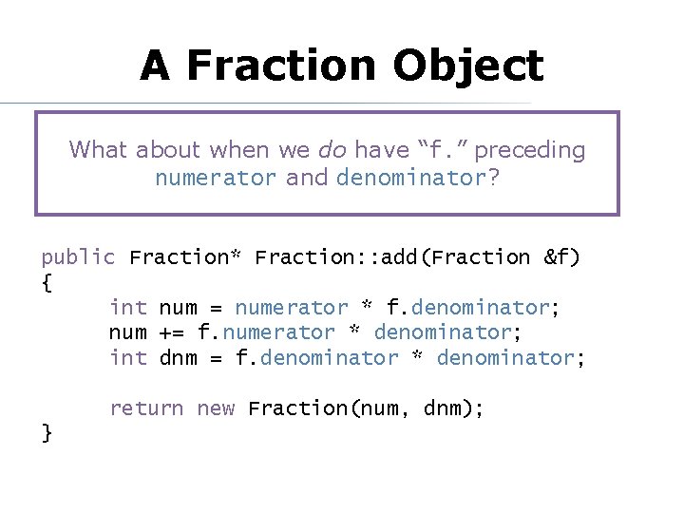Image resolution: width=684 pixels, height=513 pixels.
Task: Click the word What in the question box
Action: (x=100, y=150)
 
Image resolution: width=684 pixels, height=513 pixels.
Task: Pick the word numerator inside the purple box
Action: (x=217, y=178)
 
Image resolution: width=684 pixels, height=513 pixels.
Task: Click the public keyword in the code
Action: (x=78, y=257)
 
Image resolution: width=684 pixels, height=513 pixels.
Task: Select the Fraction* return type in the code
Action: (x=186, y=257)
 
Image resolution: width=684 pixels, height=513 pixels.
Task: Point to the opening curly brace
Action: (x=47, y=283)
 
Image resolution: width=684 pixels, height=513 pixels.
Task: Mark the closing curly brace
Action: (x=47, y=433)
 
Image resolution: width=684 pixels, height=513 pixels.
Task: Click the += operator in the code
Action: (x=172, y=332)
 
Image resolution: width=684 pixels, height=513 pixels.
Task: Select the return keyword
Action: (x=146, y=408)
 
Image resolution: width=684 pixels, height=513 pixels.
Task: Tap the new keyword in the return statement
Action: (x=216, y=408)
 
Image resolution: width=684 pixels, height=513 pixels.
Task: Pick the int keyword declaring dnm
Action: (x=128, y=358)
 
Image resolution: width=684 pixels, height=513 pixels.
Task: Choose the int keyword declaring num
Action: (x=128, y=308)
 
